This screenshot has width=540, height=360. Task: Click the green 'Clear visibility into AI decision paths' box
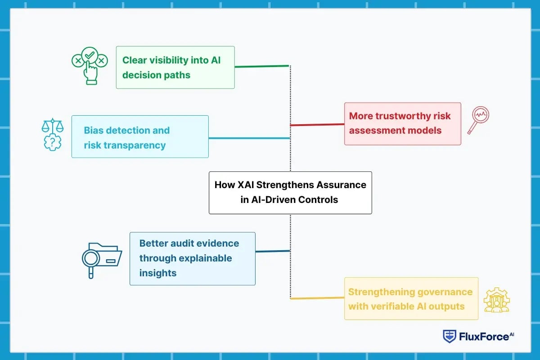[x=175, y=67]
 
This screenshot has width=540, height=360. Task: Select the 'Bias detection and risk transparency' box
[x=140, y=136]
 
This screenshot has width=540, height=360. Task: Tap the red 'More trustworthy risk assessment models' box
[x=402, y=124]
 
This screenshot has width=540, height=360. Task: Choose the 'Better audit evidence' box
[x=192, y=258]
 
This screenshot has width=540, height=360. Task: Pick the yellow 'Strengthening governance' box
[x=411, y=298]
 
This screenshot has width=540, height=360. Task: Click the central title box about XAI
[x=290, y=192]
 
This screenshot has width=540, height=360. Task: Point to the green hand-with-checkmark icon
[x=90, y=68]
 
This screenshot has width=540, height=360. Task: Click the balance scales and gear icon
[x=53, y=134]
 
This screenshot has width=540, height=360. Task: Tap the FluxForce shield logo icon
[x=450, y=336]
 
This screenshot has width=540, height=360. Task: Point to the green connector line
[x=261, y=67]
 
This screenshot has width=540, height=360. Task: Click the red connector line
[x=317, y=124]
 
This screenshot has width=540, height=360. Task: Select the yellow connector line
[x=317, y=297]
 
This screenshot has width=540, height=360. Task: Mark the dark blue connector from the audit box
[x=273, y=251]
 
